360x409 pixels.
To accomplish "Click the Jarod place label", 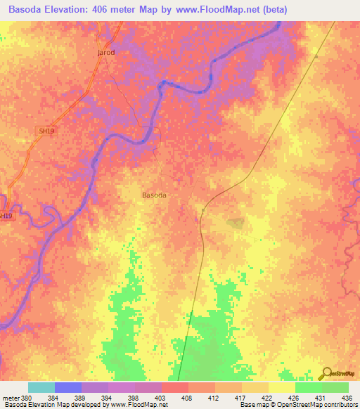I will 105,53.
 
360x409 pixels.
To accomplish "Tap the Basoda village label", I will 155,195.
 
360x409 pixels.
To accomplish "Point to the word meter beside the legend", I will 11,398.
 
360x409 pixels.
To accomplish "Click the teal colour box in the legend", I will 41,387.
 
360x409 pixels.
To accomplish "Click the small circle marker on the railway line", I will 202,209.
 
